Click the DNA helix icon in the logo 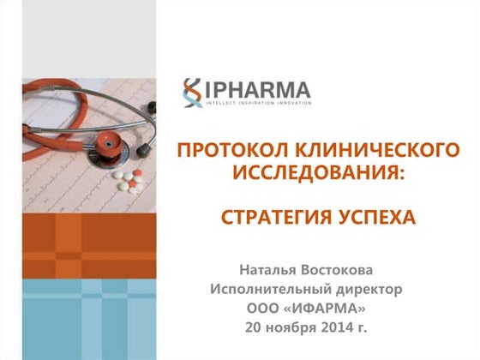tap(194, 89)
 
